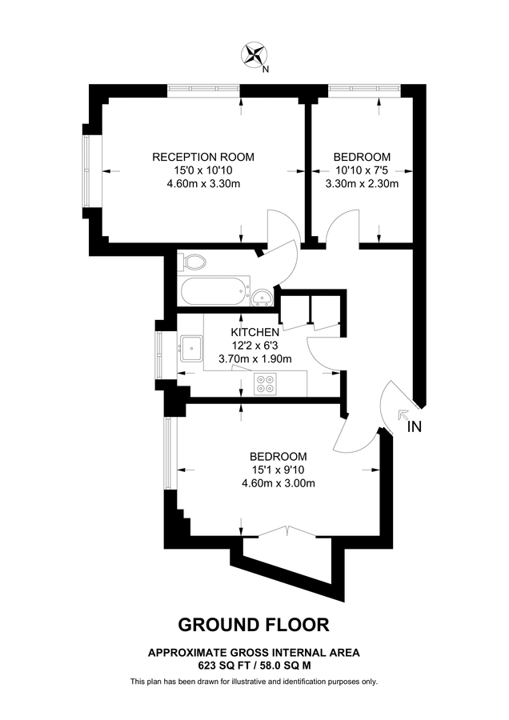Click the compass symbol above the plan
[254, 55]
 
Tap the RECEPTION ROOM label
[197, 157]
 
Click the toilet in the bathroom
[193, 262]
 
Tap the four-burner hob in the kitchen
[265, 385]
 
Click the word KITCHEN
[255, 332]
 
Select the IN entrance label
[414, 427]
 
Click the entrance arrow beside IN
[401, 414]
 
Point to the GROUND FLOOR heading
[253, 624]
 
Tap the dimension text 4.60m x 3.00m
[279, 482]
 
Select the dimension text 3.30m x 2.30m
[362, 184]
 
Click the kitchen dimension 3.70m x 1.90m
[255, 359]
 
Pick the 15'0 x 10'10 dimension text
[197, 170]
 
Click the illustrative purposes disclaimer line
[254, 682]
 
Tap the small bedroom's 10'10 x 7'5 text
[362, 170]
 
